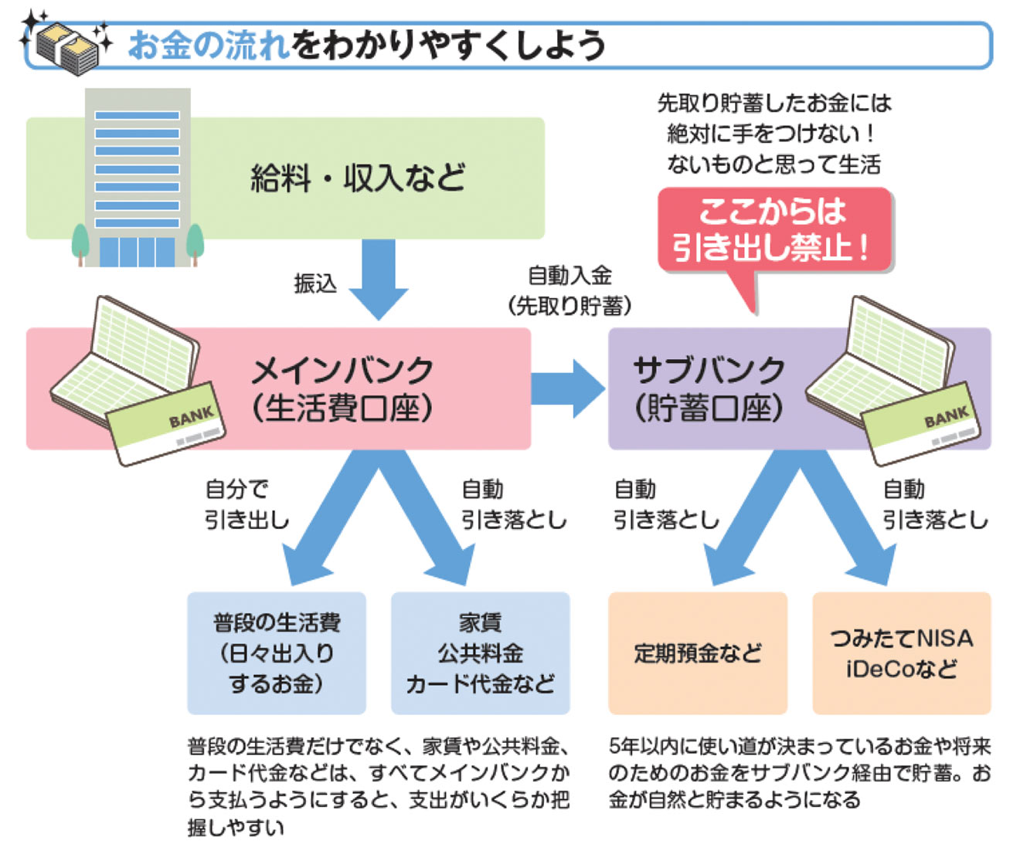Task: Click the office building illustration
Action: click(x=138, y=178)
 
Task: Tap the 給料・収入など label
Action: click(x=358, y=178)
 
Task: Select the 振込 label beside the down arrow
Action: click(x=315, y=283)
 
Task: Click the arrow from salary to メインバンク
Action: click(x=379, y=278)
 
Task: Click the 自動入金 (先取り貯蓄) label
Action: click(x=569, y=291)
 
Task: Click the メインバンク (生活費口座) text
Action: click(x=343, y=389)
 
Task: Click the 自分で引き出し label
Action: click(x=246, y=504)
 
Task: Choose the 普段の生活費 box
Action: click(x=277, y=653)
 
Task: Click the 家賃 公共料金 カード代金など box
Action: click(x=480, y=653)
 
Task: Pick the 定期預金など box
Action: click(x=697, y=653)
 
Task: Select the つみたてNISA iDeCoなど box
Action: click(x=901, y=653)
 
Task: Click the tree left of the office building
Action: click(x=80, y=242)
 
